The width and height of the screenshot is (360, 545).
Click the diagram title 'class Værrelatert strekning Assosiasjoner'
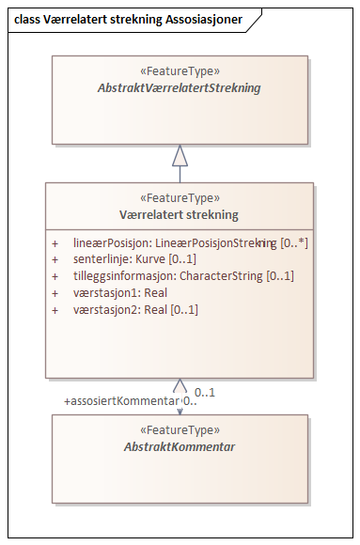126,18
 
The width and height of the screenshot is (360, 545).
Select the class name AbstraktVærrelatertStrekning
179,87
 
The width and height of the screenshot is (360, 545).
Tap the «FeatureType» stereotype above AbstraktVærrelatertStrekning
179,71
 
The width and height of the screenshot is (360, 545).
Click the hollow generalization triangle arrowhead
180,155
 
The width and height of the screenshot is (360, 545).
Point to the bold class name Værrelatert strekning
179,214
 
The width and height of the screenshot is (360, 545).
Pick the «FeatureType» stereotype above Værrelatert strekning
179,198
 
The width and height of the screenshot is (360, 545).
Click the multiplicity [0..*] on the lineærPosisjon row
295,242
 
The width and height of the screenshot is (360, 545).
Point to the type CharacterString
222,276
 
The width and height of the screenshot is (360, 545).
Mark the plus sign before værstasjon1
55,293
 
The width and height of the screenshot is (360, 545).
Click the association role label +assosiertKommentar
121,401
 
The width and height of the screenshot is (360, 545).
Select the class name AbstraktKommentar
179,446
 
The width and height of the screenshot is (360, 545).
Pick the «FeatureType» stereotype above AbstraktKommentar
179,430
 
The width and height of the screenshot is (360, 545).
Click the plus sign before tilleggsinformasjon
55,276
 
